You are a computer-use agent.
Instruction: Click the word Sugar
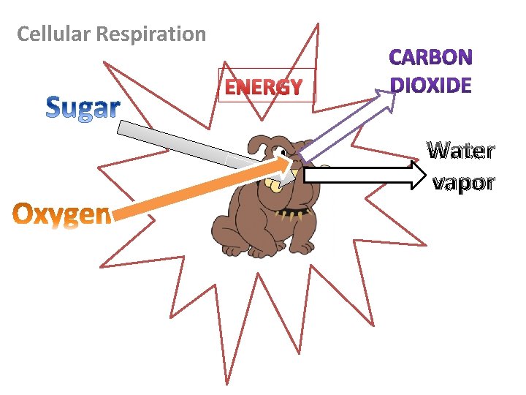(83, 108)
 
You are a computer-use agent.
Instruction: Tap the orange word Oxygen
(62, 214)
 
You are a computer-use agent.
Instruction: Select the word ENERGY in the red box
(263, 88)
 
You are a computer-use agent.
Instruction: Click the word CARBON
(431, 57)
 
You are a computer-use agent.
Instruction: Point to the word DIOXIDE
(431, 85)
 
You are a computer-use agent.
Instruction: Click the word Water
(461, 151)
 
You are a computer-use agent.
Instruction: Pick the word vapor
(463, 182)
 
